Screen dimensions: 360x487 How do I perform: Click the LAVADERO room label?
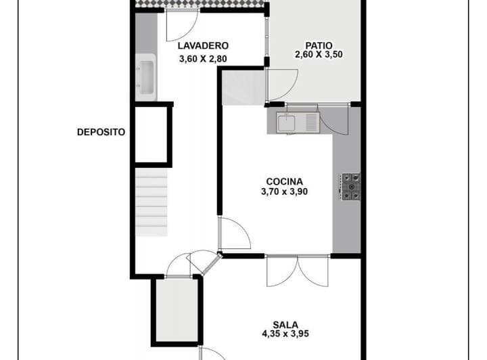tap(203, 46)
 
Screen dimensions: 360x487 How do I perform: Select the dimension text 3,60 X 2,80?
tap(203, 59)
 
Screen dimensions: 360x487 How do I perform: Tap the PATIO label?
tap(319, 46)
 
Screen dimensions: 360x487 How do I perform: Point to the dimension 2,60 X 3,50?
tap(319, 55)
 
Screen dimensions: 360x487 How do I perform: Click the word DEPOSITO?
tap(101, 133)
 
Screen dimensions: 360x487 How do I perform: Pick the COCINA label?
tap(284, 181)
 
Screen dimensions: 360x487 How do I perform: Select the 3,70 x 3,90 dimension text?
tap(284, 192)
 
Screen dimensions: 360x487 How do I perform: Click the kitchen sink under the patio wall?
tap(296, 122)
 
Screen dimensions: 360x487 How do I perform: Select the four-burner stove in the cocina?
tap(350, 187)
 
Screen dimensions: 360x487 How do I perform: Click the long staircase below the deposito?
tap(152, 202)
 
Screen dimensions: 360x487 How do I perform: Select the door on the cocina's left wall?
tap(233, 233)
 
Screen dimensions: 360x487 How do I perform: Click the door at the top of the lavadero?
tap(181, 26)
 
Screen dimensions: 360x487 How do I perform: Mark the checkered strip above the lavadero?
tap(200, 4)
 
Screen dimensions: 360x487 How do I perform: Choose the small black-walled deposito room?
tap(152, 133)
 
